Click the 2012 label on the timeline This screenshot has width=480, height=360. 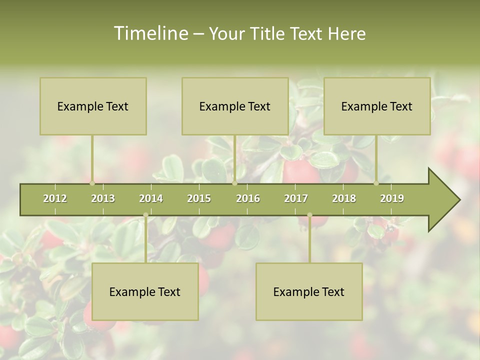[55, 198]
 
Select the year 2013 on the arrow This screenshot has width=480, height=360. [103, 198]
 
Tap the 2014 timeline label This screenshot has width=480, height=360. [151, 198]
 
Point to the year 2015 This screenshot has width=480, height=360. [199, 198]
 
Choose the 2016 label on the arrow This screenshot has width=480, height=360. [248, 198]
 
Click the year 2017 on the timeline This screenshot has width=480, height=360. [296, 198]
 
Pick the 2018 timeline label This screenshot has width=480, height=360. [344, 198]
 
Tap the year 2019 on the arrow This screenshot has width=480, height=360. [392, 198]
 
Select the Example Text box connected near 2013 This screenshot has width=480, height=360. [93, 106]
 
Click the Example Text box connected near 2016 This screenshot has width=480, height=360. [235, 106]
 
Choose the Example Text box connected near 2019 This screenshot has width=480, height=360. [377, 106]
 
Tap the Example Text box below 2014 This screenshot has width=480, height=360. [145, 291]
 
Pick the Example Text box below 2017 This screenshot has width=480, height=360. [309, 291]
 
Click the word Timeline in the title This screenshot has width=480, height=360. [150, 33]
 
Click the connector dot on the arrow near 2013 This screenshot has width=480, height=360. [92, 183]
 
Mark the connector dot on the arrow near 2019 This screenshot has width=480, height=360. [376, 183]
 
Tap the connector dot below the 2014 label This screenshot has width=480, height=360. [145, 215]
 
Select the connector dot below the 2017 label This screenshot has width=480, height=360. [309, 215]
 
